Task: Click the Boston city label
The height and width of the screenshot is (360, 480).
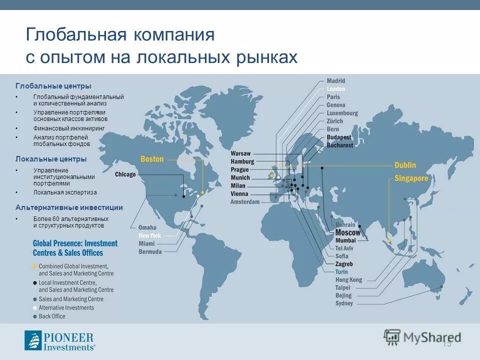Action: [152, 159]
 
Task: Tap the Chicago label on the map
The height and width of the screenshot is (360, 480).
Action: [125, 174]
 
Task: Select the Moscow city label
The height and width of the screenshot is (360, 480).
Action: [347, 232]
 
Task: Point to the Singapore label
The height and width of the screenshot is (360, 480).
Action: [411, 178]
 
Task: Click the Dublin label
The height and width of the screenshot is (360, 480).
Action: [405, 165]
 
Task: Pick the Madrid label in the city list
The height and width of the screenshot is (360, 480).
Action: [335, 81]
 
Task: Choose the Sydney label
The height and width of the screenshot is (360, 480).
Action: [344, 303]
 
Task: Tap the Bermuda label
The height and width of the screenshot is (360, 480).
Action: [150, 252]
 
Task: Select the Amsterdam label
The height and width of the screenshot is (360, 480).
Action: [245, 202]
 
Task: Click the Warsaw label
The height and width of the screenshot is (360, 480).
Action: [240, 153]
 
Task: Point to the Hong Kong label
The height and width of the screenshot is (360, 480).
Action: [348, 280]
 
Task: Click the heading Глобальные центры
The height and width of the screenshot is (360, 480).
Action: [53, 86]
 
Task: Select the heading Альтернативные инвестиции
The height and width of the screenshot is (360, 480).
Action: [69, 207]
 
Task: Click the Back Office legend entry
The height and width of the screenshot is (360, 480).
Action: [52, 316]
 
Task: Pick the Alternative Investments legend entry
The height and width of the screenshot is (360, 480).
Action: [66, 307]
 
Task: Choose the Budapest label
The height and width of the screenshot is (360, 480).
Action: [339, 137]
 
